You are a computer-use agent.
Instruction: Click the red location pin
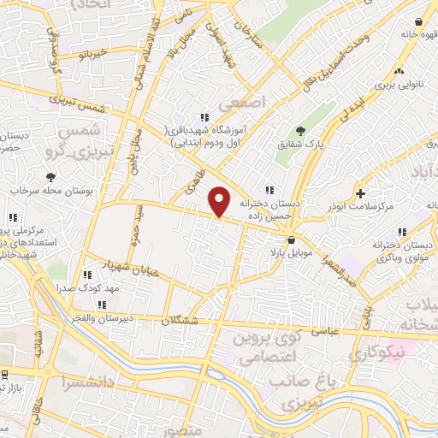[x=220, y=200]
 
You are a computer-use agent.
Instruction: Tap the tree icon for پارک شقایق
[x=299, y=131]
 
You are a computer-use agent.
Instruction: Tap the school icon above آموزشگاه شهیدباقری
[x=204, y=117]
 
